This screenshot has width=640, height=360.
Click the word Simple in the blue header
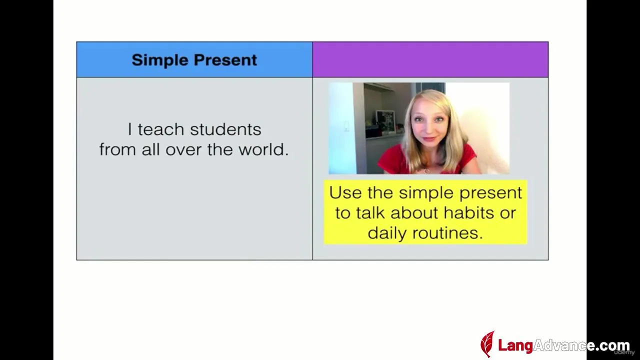(160, 60)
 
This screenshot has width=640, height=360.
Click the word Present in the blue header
(225, 60)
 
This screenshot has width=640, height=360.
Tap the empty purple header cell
(430, 59)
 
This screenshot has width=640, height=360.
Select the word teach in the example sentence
(161, 129)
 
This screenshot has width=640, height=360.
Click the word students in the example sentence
(225, 129)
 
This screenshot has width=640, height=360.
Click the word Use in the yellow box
(345, 192)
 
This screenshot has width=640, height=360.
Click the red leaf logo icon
(487, 344)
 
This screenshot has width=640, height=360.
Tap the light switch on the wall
(346, 126)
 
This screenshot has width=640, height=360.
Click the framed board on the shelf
(385, 121)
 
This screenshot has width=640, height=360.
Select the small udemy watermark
(624, 353)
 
